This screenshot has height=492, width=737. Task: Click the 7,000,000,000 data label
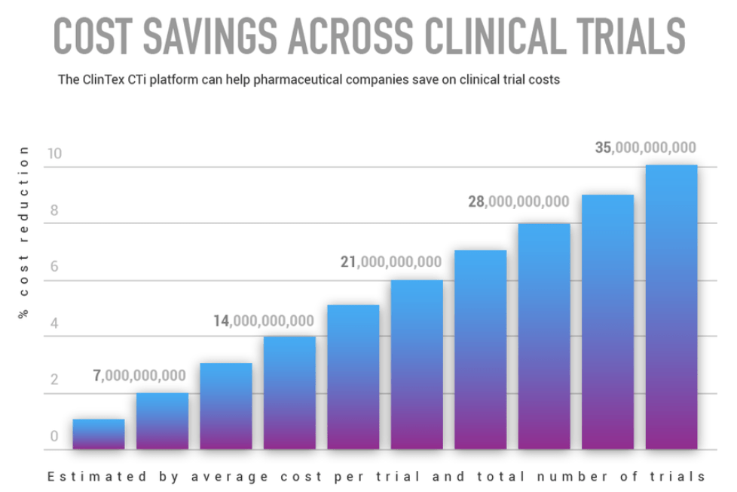139,375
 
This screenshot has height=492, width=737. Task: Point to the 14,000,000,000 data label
263,320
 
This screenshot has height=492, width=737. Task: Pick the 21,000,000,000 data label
390,262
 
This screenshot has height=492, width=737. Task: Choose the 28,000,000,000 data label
518,201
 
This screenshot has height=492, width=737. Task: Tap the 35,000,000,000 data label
646,148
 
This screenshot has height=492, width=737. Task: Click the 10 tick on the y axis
54,153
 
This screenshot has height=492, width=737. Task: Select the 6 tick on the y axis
54,267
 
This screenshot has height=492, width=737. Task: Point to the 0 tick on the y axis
54,437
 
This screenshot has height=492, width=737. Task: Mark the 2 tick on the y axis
54,380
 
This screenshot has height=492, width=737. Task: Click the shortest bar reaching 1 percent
99,435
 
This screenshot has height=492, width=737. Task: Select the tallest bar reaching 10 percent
671,309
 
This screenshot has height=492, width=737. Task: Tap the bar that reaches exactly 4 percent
289,392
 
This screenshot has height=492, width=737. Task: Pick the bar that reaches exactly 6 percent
417,366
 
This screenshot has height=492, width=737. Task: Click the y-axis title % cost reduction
23,232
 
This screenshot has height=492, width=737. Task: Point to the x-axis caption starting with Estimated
376,476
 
